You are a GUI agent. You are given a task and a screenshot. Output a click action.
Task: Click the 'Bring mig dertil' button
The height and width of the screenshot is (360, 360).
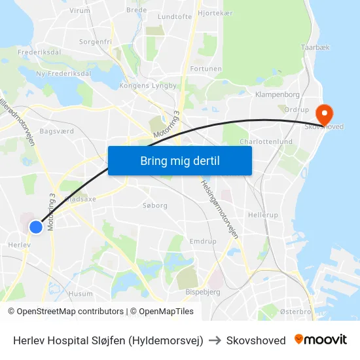[180, 161]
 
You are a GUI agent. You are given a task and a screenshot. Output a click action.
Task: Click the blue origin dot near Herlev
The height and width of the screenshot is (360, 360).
[36, 227]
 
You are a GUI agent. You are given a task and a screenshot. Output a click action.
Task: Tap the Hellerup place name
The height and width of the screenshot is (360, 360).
[263, 215]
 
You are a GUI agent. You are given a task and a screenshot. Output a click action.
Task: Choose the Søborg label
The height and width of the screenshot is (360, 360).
[155, 205]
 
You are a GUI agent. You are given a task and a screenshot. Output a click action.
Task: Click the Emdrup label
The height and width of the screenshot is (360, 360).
[203, 242]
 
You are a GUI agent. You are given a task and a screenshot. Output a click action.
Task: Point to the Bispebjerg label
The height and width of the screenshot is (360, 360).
[203, 292]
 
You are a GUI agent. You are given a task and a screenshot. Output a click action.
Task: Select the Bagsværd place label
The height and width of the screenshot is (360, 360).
[57, 131]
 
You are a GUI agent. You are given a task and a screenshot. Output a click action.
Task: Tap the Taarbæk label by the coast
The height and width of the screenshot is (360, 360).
[315, 48]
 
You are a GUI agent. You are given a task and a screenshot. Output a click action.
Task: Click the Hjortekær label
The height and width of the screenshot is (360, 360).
[215, 12]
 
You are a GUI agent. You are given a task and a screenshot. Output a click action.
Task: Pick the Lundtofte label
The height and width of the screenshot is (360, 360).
[175, 16]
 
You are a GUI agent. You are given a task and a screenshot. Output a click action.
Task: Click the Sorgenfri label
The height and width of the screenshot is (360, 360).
[96, 41]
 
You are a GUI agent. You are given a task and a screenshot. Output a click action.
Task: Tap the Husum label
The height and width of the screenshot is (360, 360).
[81, 294]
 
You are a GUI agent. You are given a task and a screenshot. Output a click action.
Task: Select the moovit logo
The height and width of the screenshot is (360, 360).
[321, 340]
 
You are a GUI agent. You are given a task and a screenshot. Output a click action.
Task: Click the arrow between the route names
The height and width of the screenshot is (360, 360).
[215, 340]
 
